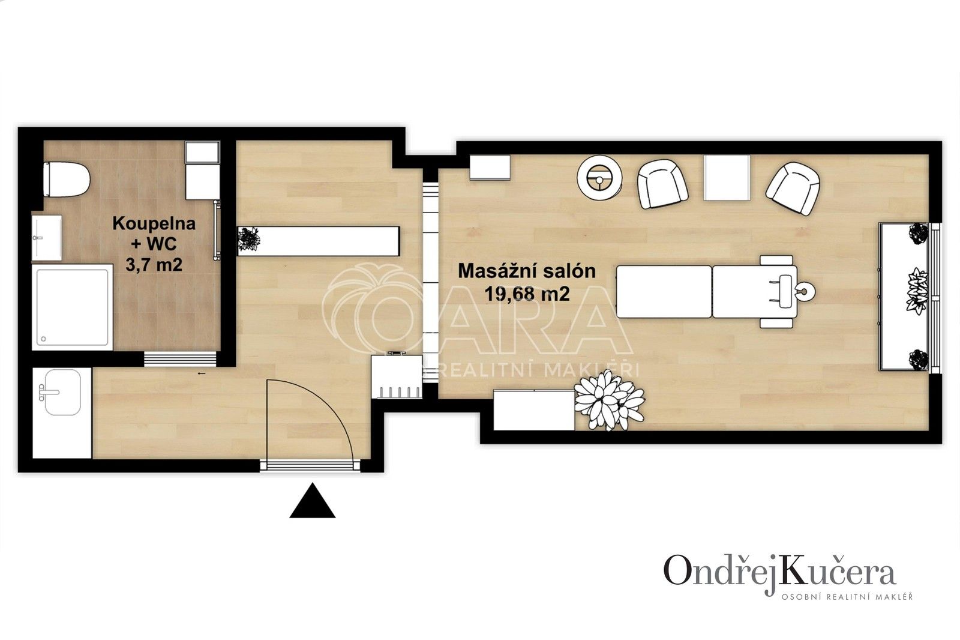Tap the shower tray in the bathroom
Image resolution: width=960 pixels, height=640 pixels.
(73, 307)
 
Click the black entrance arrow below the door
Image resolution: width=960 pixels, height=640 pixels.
(312, 501)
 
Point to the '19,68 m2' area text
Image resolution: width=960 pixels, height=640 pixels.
(527, 294)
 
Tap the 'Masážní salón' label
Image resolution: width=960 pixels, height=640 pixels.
(527, 271)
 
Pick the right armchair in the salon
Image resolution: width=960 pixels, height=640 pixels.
(793, 187)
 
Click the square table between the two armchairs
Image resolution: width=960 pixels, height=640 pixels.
(727, 177)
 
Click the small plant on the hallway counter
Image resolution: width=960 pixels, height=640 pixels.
(248, 239)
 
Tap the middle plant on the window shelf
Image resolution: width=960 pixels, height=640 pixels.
(916, 290)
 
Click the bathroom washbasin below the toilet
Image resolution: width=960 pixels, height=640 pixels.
(46, 238)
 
